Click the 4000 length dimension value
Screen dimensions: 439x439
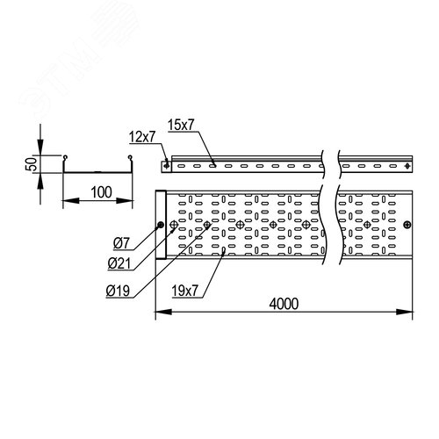pos(284,304)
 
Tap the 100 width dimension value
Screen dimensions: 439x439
pos(101,192)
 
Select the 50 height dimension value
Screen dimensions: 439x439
pos(32,164)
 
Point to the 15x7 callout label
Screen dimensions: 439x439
pos(181,125)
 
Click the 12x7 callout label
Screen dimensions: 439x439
pos(142,137)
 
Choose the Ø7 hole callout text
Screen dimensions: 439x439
pos(121,243)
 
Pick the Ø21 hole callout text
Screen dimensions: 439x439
pos(119,263)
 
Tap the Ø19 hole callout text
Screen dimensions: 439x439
pos(118,291)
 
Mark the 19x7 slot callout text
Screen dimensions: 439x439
pos(185,291)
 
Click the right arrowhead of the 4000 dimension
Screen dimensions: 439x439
pos(405,312)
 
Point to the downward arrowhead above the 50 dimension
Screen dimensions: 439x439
pos(40,148)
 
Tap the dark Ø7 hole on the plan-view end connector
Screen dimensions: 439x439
pos(160,225)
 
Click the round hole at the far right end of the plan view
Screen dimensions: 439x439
pos(407,225)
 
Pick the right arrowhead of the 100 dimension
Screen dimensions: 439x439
pos(125,200)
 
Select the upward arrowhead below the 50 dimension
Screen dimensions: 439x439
pos(40,181)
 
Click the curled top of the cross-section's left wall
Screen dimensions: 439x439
pos(65,157)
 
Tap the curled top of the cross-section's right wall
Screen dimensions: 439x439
pos(130,157)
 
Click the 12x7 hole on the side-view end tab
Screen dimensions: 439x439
pos(167,166)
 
